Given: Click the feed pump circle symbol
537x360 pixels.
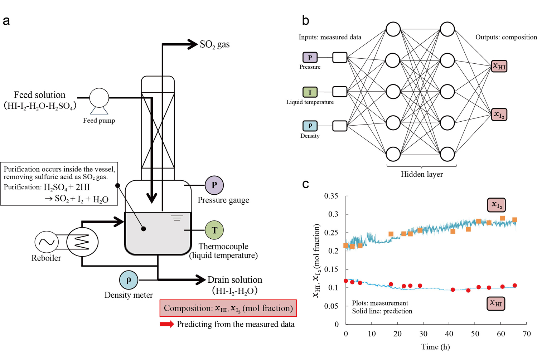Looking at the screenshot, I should pyautogui.click(x=99, y=98).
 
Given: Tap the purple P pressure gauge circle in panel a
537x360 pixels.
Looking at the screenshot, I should pyautogui.click(x=214, y=185).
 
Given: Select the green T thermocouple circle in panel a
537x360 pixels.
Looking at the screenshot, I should pyautogui.click(x=214, y=230).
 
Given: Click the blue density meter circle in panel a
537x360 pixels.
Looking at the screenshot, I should pyautogui.click(x=129, y=280).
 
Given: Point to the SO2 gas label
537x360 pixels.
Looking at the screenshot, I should pyautogui.click(x=214, y=45).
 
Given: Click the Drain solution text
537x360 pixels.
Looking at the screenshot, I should pyautogui.click(x=235, y=280).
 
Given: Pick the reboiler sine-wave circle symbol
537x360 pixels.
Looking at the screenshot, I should pyautogui.click(x=47, y=242).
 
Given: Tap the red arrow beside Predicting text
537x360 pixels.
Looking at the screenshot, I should pyautogui.click(x=166, y=324).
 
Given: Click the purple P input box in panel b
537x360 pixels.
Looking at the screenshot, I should pyautogui.click(x=310, y=57).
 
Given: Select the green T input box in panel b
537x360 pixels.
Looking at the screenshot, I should pyautogui.click(x=310, y=92).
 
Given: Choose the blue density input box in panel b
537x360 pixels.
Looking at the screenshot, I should pyautogui.click(x=310, y=126).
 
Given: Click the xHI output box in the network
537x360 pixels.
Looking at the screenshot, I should pyautogui.click(x=499, y=66).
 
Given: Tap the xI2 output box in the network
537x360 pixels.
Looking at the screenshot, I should pyautogui.click(x=499, y=115).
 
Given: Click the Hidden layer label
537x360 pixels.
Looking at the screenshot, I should pyautogui.click(x=422, y=175).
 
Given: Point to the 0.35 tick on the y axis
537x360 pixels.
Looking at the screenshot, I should pyautogui.click(x=331, y=196).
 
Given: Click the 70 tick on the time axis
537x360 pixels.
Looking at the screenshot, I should pyautogui.click(x=526, y=334).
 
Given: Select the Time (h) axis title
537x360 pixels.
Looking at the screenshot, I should pyautogui.click(x=435, y=347).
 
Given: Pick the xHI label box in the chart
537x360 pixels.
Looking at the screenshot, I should pyautogui.click(x=496, y=303).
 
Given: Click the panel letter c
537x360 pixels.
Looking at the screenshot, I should pyautogui.click(x=306, y=184).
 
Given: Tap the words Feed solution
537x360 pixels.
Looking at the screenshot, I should pyautogui.click(x=40, y=95).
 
